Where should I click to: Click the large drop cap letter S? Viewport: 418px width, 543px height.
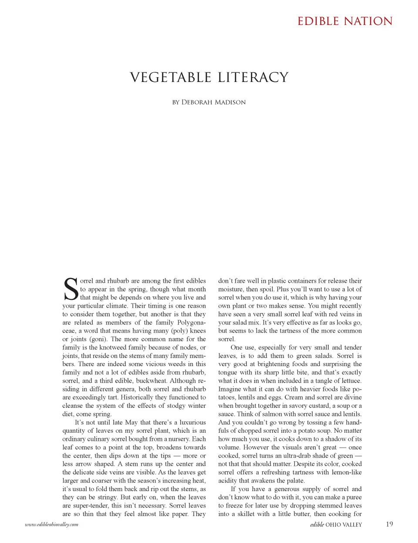[x=71, y=289]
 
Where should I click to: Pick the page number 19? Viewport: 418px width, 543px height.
[x=389, y=524]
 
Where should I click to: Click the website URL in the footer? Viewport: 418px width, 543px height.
[x=51, y=524]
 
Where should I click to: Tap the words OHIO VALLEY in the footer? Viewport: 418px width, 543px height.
[x=344, y=525]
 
